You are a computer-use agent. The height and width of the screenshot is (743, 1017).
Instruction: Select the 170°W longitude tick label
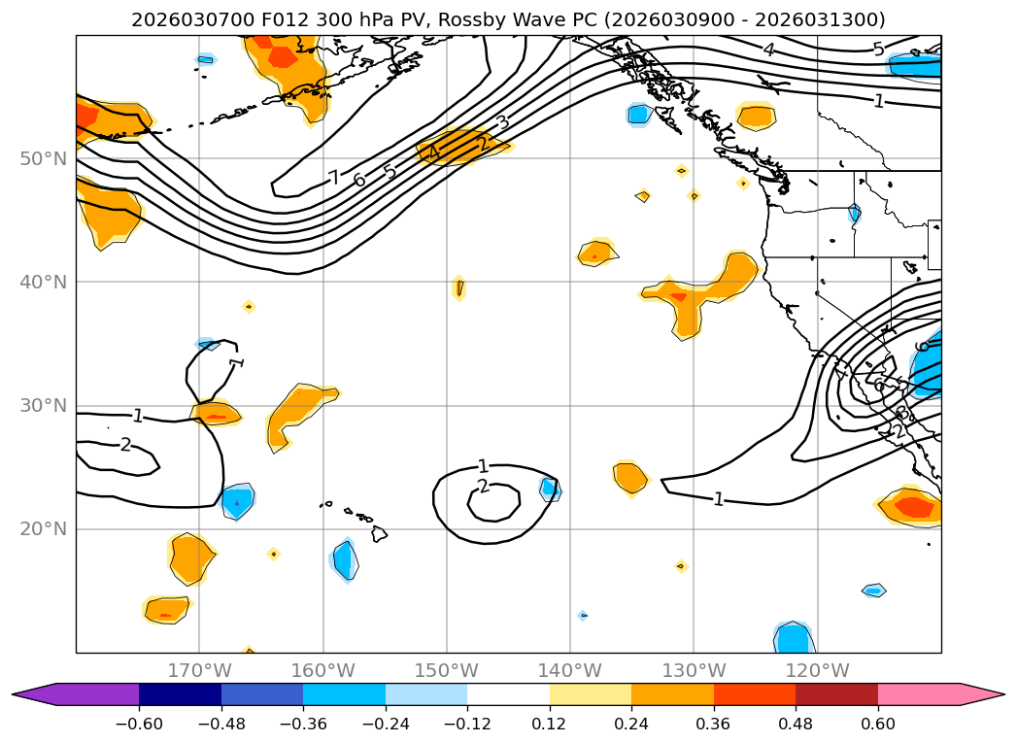coord(199,670)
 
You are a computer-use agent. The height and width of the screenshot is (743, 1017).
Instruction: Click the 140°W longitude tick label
coord(570,670)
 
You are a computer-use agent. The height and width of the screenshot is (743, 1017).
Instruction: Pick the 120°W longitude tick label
coord(817,670)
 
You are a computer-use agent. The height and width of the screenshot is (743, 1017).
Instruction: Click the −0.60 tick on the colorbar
coord(139,724)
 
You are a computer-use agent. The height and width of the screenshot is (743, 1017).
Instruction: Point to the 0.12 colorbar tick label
coord(550,724)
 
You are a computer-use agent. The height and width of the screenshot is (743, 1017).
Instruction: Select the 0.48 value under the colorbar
coord(796,724)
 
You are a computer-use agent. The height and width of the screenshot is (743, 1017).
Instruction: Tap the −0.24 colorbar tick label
coord(386,724)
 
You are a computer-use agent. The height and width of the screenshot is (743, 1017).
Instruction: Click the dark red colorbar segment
coord(836,694)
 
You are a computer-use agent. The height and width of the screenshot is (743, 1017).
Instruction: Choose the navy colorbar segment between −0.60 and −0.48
coord(180,694)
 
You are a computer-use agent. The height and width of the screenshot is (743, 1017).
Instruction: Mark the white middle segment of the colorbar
coord(508,694)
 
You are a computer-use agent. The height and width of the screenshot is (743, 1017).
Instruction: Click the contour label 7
coord(333,178)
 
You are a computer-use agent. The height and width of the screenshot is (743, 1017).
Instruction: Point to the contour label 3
coord(502,122)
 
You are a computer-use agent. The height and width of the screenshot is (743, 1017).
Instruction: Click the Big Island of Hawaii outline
coord(379,534)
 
